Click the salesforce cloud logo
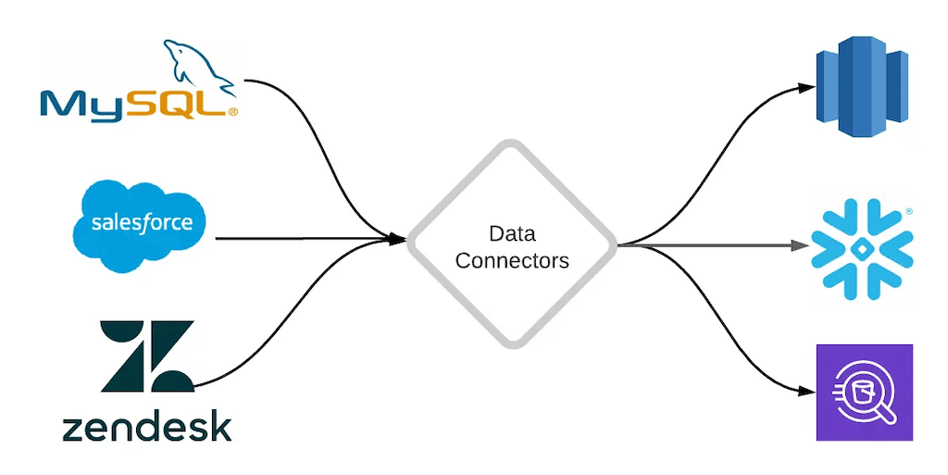coord(139,225)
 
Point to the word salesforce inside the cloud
coord(142,223)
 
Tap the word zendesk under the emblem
coord(147,428)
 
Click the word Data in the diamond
coord(512,233)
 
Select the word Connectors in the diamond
coord(512,260)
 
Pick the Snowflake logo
coord(862,245)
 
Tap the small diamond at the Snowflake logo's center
coord(862,246)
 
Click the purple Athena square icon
coord(864,392)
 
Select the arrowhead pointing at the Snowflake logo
coord(801,245)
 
